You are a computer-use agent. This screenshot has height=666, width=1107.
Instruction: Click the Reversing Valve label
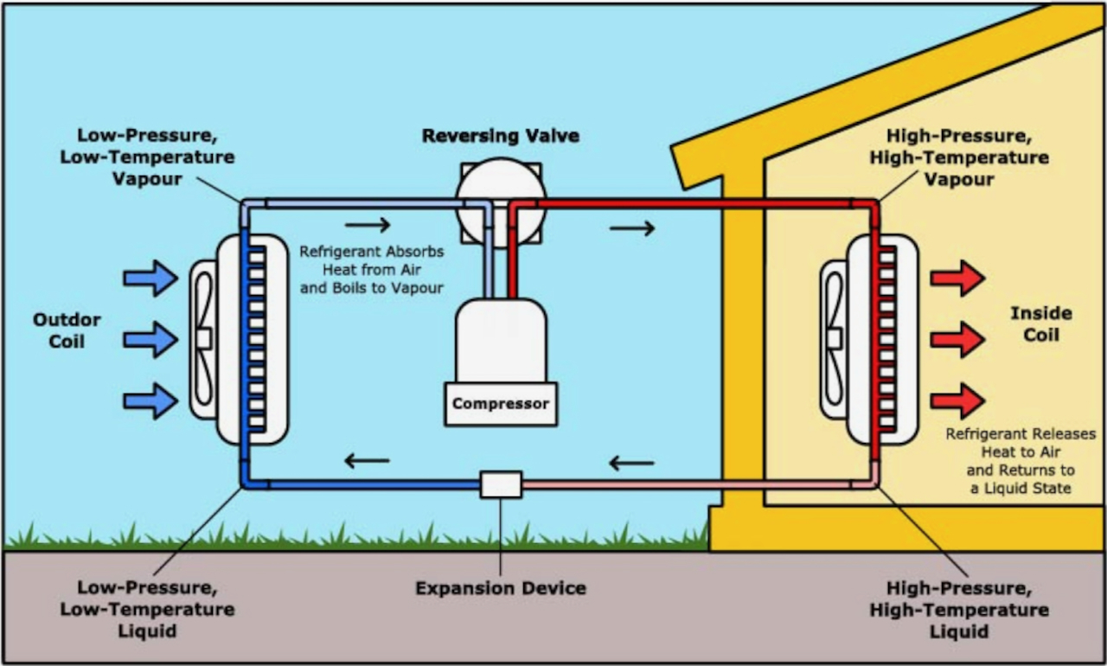[501, 137]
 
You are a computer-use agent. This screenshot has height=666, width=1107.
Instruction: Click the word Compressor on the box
[501, 404]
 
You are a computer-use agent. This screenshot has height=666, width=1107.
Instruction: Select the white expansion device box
[501, 484]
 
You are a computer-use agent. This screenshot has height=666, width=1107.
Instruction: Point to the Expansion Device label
[501, 589]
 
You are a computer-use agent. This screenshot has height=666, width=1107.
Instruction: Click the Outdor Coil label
[67, 330]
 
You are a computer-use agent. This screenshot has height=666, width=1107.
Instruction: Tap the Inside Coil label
[1040, 323]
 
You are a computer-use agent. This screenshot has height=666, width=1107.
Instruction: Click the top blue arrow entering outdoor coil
[150, 278]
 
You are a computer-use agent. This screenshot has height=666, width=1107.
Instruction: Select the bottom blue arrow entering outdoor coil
[150, 401]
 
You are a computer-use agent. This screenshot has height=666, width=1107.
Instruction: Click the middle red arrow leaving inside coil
[957, 339]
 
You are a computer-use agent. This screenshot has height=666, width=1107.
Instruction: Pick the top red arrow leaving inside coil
[957, 278]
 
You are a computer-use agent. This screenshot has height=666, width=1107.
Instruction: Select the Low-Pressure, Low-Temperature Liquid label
[147, 609]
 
